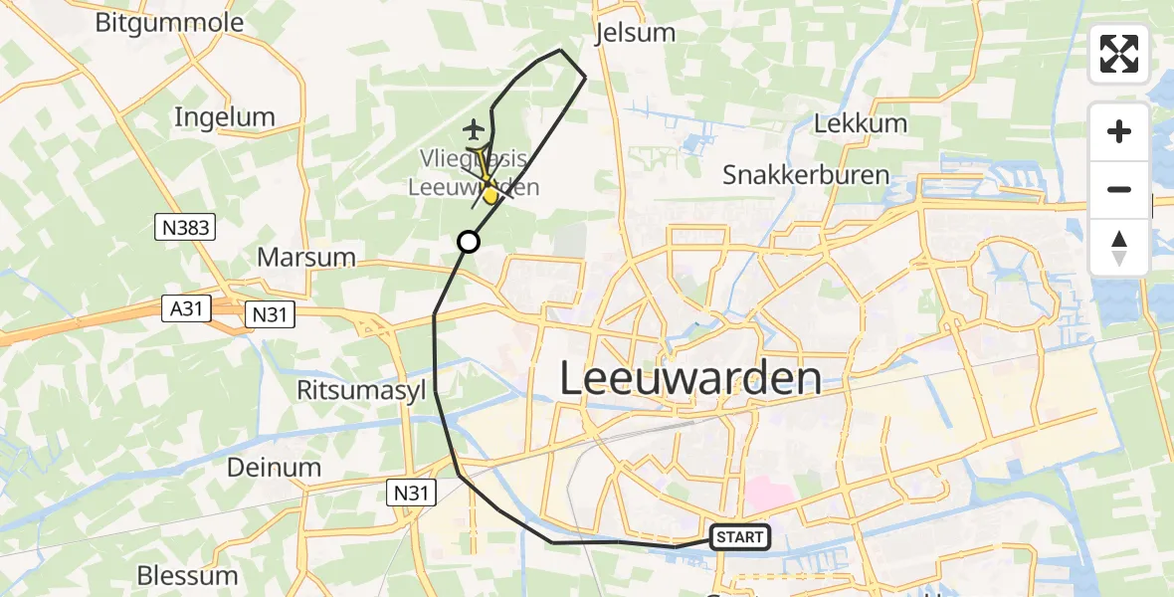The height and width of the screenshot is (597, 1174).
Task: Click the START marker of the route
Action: click(x=740, y=538)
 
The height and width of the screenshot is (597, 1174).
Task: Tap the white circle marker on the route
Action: click(x=468, y=242)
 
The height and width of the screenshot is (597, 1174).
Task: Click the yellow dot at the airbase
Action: click(x=490, y=196)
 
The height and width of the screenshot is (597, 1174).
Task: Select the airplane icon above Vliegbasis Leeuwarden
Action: click(x=475, y=129)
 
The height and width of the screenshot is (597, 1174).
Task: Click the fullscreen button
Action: click(x=1119, y=54)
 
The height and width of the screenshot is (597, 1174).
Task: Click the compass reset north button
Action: click(x=1119, y=247)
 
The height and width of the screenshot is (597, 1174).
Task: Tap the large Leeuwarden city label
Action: click(x=690, y=379)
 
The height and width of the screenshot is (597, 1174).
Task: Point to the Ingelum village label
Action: click(x=224, y=117)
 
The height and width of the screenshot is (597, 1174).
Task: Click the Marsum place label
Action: click(x=306, y=257)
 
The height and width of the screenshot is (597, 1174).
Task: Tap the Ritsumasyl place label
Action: click(x=366, y=390)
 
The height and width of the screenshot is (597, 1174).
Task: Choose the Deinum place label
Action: click(x=274, y=467)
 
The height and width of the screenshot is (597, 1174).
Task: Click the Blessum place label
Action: click(x=188, y=575)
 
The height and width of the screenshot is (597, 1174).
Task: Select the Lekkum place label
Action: click(x=861, y=124)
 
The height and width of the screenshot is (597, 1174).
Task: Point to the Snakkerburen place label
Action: click(x=806, y=175)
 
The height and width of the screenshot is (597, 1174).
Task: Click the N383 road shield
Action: click(x=186, y=229)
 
